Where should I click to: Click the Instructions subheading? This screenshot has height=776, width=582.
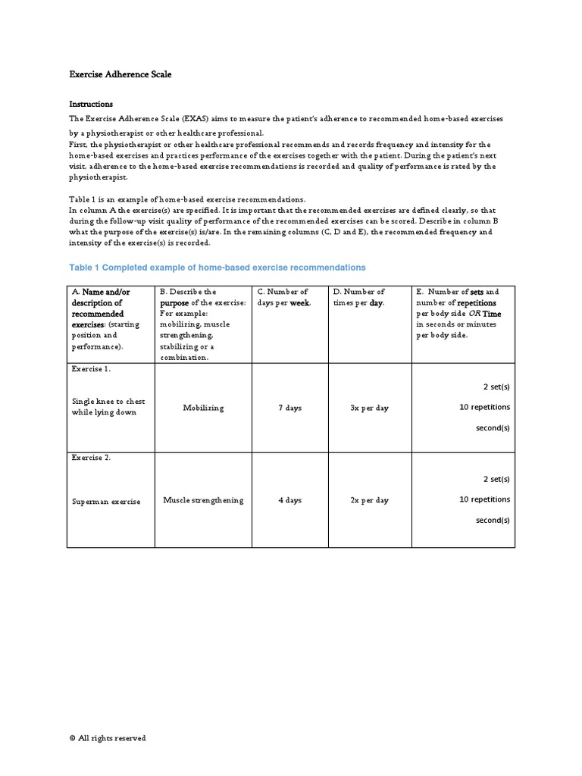[91, 104]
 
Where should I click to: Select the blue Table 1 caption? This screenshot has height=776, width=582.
[217, 268]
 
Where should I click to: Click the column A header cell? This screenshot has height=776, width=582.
[110, 324]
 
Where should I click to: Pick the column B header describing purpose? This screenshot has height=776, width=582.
[202, 324]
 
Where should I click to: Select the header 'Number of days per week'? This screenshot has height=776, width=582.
[289, 297]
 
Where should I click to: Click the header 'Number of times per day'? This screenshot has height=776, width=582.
[368, 297]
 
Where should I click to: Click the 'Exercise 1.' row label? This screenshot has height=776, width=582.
[91, 369]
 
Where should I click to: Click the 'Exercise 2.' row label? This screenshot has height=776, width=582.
[91, 458]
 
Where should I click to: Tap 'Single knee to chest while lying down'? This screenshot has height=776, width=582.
[108, 407]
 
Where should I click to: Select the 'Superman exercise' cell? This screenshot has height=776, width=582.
[106, 502]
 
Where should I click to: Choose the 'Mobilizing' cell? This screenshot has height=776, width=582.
[203, 408]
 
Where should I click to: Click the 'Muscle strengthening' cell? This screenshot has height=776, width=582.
[203, 500]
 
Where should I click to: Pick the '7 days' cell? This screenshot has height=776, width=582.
[289, 408]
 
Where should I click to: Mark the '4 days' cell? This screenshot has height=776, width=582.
[289, 500]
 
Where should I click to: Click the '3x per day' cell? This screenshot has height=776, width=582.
[369, 408]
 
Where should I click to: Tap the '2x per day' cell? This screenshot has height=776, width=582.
[369, 500]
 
